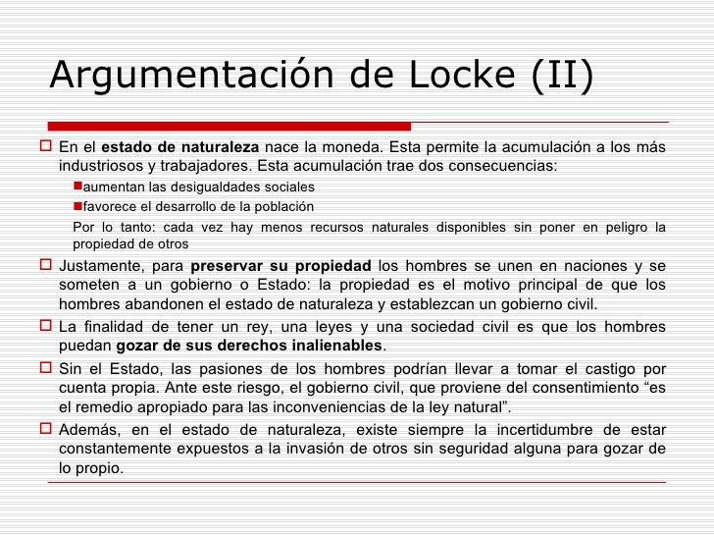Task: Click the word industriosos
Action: coord(100,166)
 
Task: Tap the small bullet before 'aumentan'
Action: coord(78,187)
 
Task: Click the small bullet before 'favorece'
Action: coord(78,206)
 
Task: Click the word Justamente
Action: coord(104,266)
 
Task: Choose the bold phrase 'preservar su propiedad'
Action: coord(281,266)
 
